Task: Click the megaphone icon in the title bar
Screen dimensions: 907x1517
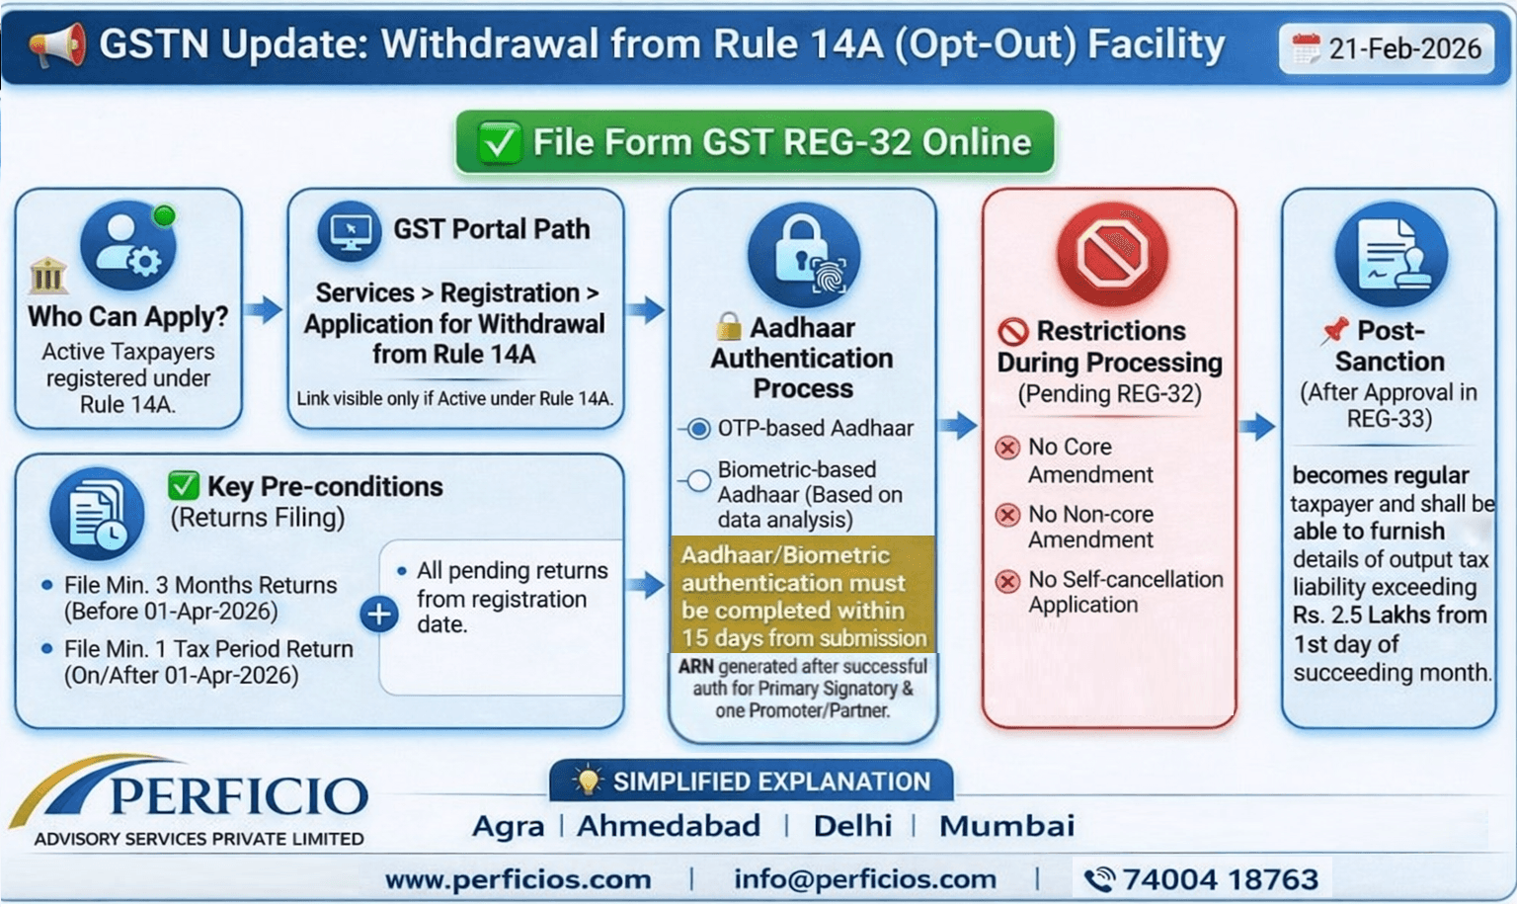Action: tap(57, 45)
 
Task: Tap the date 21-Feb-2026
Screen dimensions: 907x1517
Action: tap(1403, 48)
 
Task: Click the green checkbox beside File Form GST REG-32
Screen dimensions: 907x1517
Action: tap(499, 142)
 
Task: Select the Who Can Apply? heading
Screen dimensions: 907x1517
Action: tap(127, 316)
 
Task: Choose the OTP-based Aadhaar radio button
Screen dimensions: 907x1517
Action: tap(699, 429)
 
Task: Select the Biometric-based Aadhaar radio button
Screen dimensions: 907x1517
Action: tap(699, 481)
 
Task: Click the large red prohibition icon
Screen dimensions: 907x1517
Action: tap(1111, 254)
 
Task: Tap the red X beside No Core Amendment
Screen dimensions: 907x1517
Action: tap(1007, 448)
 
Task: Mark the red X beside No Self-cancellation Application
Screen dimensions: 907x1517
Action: tap(1007, 581)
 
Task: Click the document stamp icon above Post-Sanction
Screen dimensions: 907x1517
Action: tap(1391, 256)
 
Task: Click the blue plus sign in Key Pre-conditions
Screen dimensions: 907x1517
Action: tap(379, 614)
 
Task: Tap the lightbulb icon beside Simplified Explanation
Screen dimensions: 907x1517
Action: tap(588, 781)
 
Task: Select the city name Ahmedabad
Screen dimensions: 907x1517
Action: tap(669, 826)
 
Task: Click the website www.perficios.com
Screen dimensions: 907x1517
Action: tap(518, 879)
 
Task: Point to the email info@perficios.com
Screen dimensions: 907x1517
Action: tap(864, 879)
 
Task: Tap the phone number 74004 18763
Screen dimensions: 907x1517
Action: tap(1220, 879)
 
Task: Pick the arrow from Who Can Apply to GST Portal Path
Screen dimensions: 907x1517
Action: tap(264, 309)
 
